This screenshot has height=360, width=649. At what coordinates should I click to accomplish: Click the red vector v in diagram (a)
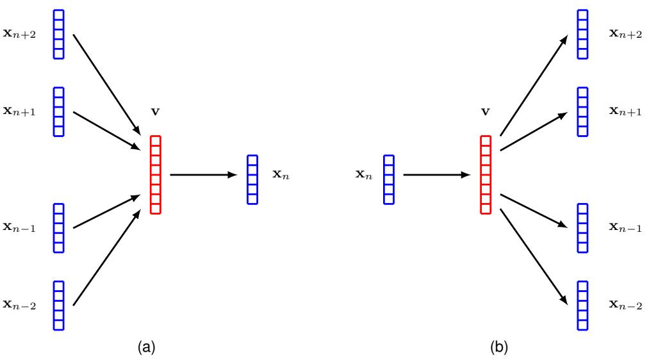pos(155,174)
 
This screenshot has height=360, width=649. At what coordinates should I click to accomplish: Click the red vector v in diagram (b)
pos(486,174)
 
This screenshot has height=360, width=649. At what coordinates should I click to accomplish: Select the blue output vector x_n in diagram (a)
pos(252,179)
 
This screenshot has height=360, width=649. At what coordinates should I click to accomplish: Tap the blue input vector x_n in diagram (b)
pos(389,179)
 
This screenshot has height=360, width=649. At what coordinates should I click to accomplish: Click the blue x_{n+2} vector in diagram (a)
pos(58,34)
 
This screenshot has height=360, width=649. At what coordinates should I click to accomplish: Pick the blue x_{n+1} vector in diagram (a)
pos(58,111)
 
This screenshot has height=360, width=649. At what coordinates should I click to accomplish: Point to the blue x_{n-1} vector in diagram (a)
pos(58,228)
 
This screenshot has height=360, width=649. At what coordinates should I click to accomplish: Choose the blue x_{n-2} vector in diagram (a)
pos(58,306)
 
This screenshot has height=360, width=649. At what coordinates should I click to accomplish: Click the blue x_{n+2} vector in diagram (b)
pos(582,34)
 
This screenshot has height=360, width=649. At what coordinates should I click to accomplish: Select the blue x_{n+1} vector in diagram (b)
pos(582,111)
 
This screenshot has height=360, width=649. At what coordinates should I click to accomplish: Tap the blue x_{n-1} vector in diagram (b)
pos(582,228)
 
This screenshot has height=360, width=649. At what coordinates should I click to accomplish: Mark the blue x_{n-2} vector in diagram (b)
pos(582,306)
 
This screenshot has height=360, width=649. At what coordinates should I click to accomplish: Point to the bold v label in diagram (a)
pos(155,111)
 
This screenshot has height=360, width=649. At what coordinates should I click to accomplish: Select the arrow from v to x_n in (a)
pos(203,174)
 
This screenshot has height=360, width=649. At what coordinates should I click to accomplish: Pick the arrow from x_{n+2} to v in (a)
pos(106,81)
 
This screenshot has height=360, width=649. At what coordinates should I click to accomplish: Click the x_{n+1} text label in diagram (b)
pos(625,111)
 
